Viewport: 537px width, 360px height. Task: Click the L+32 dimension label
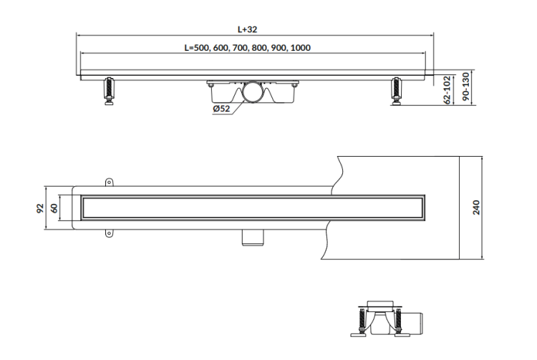pos(248,29)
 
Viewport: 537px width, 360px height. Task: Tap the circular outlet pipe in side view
pos(253,94)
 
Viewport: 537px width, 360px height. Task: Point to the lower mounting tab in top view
pos(110,233)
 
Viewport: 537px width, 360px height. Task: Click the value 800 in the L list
pos(262,48)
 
